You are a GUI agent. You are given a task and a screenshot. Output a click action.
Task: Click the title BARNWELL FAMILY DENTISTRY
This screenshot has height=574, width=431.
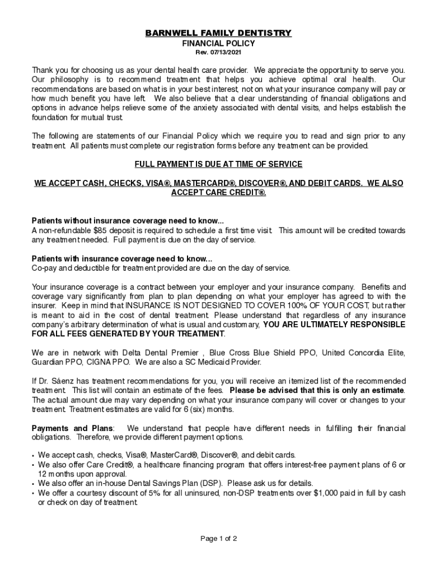point(218,33)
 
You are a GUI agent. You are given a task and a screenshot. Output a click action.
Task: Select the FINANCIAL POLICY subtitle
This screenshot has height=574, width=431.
point(218,43)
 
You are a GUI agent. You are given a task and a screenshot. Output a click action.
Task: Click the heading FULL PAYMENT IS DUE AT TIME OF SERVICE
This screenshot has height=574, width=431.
point(218,164)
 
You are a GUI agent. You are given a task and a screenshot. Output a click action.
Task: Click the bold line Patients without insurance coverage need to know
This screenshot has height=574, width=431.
point(128,221)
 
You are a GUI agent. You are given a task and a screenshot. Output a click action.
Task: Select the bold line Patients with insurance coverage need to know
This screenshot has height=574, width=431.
point(122,258)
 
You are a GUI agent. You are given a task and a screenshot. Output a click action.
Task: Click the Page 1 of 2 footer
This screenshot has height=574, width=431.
point(219,539)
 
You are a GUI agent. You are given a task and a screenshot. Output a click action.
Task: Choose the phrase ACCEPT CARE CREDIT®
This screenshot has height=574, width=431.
point(218,192)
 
